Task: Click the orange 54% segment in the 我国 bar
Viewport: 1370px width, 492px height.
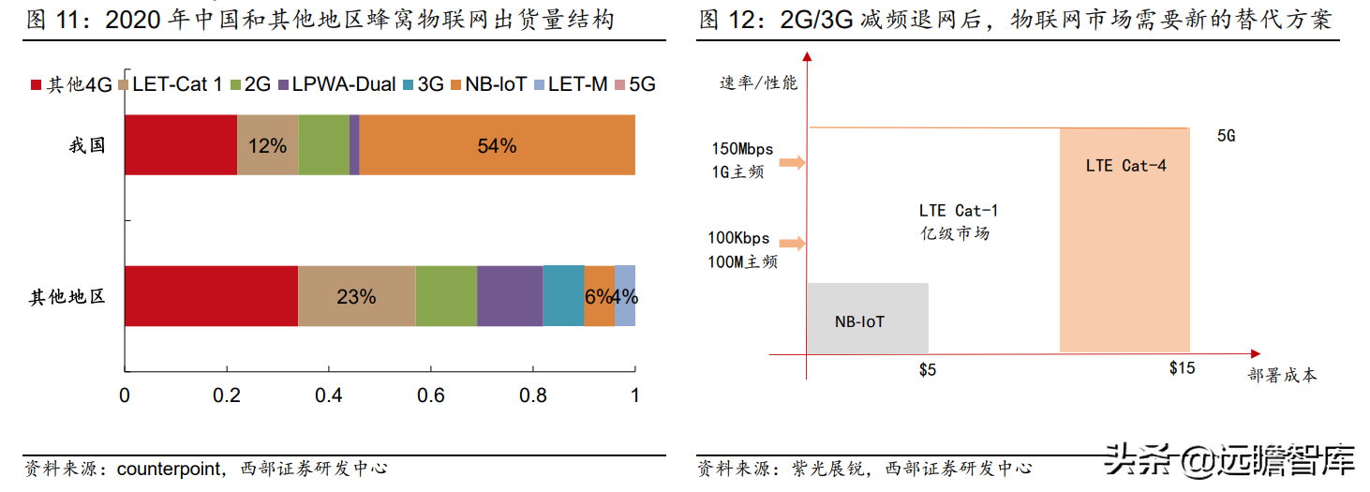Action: click(x=497, y=145)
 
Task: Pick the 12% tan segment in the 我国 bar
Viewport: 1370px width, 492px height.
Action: click(x=268, y=145)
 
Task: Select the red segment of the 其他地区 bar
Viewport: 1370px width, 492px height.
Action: click(x=211, y=296)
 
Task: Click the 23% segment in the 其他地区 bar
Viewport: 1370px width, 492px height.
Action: click(x=356, y=296)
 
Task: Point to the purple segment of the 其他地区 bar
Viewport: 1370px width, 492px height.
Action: click(x=510, y=296)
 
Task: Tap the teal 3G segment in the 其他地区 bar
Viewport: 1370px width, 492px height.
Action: click(x=563, y=296)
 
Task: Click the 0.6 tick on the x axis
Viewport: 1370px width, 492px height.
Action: click(x=431, y=395)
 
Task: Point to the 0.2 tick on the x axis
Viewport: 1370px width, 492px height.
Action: click(x=227, y=395)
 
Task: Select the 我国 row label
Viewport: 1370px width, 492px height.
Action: click(x=87, y=145)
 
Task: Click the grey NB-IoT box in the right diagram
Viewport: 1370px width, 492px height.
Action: click(x=867, y=319)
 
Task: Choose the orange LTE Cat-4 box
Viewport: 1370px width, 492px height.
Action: click(x=1124, y=240)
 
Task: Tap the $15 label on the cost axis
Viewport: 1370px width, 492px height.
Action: click(x=1182, y=368)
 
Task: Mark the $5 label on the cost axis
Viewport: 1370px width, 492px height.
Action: click(x=927, y=369)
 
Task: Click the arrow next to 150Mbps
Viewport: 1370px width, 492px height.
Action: click(x=792, y=163)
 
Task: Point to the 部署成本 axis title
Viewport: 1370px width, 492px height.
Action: click(x=1282, y=375)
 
